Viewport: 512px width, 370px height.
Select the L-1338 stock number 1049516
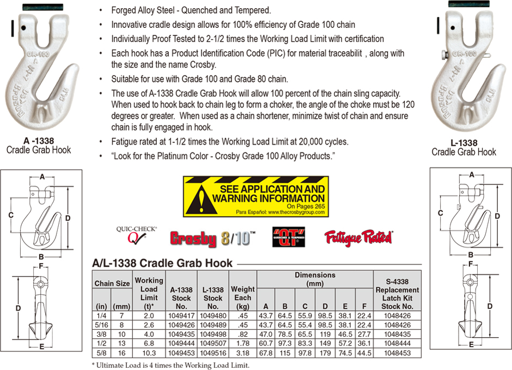click(213, 354)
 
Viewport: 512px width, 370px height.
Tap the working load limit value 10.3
click(149, 354)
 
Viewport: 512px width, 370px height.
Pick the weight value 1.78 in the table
click(242, 344)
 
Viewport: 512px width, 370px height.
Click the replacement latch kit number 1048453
click(397, 354)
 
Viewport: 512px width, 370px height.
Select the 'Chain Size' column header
click(112, 283)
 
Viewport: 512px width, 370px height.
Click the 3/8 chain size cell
click(101, 335)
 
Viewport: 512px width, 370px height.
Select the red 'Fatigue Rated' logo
click(358, 236)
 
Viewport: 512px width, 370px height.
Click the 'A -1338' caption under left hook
click(39, 141)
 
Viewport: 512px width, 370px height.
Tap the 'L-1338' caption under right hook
click(464, 143)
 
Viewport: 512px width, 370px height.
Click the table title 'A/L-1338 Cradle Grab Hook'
click(163, 263)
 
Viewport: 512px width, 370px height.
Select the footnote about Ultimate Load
click(165, 364)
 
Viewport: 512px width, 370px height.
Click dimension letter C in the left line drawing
click(10, 216)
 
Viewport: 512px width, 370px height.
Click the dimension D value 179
click(325, 354)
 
